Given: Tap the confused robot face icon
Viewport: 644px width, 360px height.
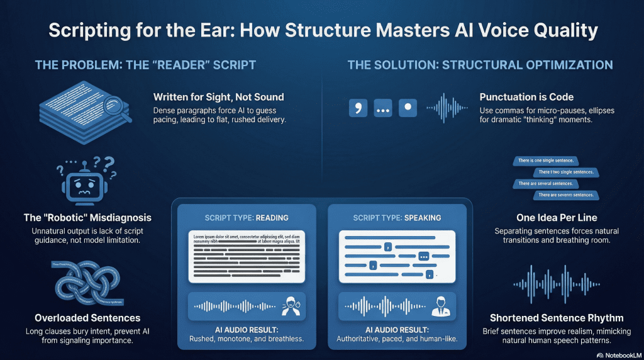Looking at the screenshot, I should coord(86,183).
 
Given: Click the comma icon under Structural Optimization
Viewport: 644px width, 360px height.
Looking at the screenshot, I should coord(358,108).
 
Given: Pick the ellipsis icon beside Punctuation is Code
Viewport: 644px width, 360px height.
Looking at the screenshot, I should coord(383,108).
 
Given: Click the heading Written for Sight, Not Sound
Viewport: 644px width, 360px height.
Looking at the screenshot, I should coord(218,97).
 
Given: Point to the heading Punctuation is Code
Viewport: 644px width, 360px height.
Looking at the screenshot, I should coord(526,97).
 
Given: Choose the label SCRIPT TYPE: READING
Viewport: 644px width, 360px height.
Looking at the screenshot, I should coord(247,218).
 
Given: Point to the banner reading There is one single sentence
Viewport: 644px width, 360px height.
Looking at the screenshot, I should coord(547,162).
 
